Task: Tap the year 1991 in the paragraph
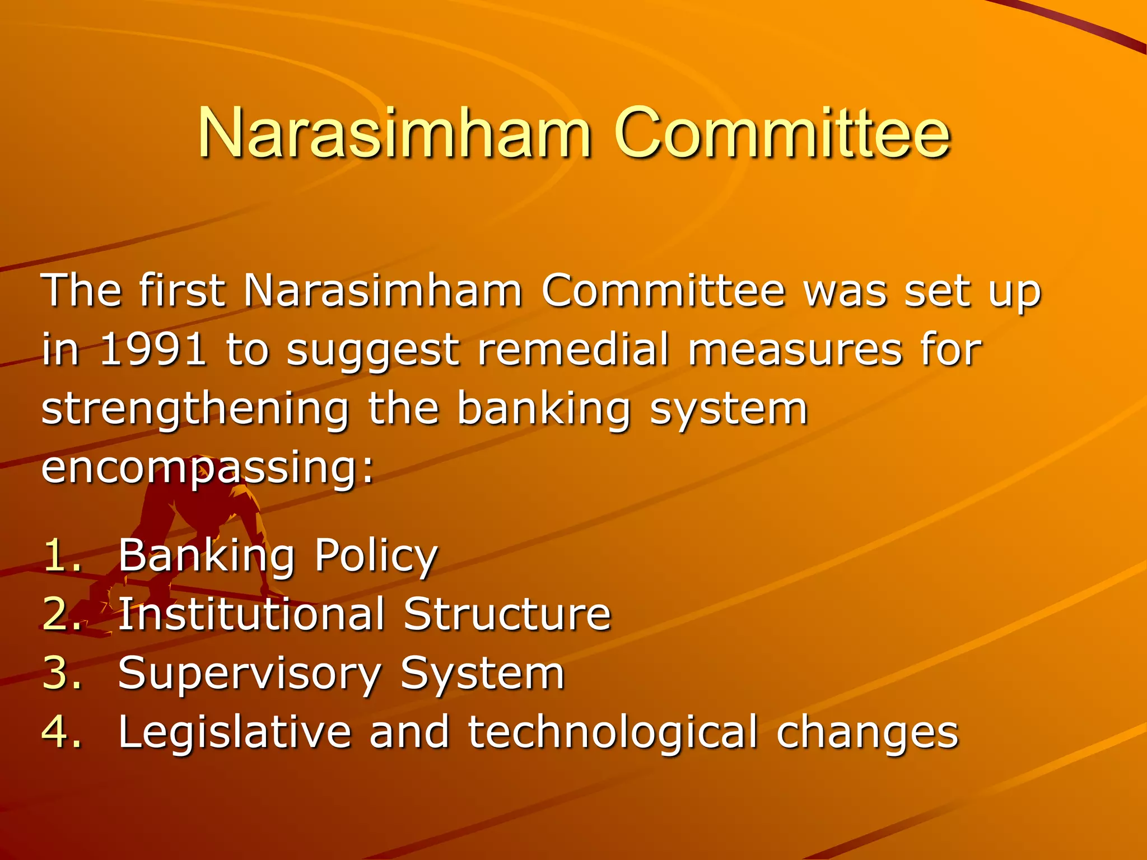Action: pyautogui.click(x=152, y=349)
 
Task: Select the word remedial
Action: pyautogui.click(x=573, y=349)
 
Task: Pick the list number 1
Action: pyautogui.click(x=60, y=555)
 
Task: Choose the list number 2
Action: pyautogui.click(x=60, y=614)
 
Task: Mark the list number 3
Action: pyautogui.click(x=60, y=673)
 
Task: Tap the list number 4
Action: pyautogui.click(x=60, y=732)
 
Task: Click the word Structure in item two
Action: pyautogui.click(x=507, y=614)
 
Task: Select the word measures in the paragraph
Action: pyautogui.click(x=795, y=349)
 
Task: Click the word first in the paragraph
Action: pyautogui.click(x=182, y=291)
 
